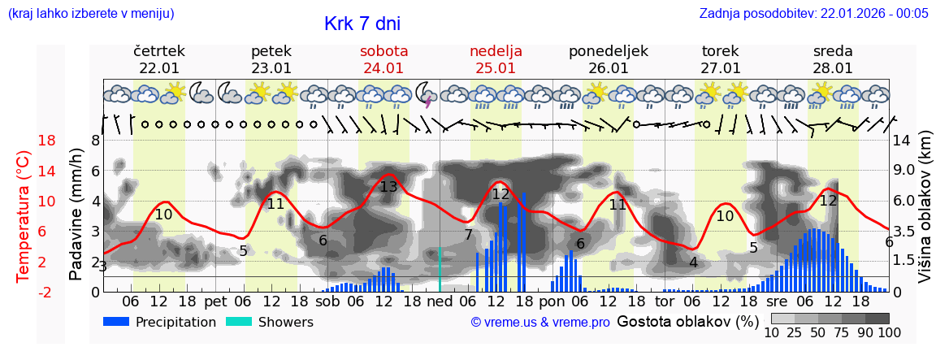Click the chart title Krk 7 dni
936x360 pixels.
[362, 24]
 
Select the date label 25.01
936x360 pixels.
[496, 68]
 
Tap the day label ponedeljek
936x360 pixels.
[608, 51]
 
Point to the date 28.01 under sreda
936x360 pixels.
[833, 68]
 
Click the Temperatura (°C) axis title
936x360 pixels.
[24, 217]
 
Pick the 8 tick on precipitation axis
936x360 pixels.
[95, 141]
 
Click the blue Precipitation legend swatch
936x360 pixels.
[116, 322]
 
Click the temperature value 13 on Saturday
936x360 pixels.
[388, 187]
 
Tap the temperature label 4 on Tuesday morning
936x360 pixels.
[693, 262]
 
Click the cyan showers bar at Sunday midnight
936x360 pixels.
[440, 269]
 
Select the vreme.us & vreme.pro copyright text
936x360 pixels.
[539, 323]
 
